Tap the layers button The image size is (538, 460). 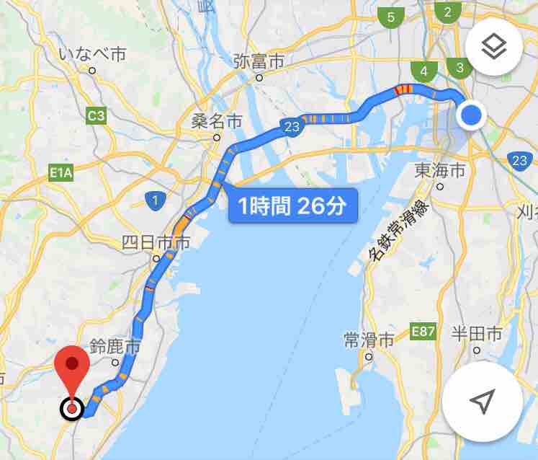[x=494, y=48]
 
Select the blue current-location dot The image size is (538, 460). [x=472, y=115]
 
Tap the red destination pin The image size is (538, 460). [x=72, y=371]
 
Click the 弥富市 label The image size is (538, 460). [x=259, y=61]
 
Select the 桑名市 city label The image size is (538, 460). [x=216, y=120]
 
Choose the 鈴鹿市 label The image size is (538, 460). [x=115, y=347]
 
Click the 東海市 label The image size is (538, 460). [x=440, y=170]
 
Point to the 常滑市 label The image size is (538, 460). [x=369, y=339]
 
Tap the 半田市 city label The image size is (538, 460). [x=476, y=334]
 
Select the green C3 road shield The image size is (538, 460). [x=96, y=115]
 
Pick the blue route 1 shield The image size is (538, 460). [x=153, y=200]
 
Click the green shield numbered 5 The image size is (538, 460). [x=391, y=17]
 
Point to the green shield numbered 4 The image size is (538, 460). [x=423, y=71]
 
